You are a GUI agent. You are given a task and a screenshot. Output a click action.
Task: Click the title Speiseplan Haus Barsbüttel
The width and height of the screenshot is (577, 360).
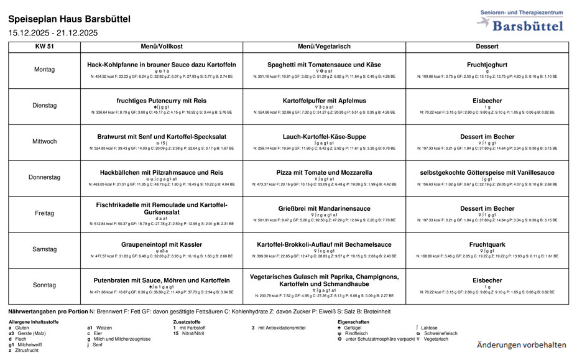70,19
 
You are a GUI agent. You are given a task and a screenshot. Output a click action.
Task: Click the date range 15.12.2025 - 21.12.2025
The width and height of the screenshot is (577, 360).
53,33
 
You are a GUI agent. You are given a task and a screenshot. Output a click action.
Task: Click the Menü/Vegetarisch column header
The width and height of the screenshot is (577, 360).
324,47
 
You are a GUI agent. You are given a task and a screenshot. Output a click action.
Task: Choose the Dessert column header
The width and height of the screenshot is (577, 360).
487,47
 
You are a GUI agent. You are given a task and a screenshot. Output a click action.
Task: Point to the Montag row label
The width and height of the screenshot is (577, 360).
44,70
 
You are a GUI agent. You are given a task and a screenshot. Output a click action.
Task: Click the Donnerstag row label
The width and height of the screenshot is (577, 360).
44,177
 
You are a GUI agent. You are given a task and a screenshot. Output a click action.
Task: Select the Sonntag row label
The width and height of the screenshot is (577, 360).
44,285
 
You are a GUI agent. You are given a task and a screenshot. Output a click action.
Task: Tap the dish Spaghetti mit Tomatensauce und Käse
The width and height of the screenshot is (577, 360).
324,65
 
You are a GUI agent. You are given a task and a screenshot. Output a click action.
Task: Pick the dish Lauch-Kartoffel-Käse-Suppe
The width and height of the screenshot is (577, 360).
324,137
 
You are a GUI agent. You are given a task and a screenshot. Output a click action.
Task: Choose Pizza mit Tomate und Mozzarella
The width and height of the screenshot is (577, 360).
324,173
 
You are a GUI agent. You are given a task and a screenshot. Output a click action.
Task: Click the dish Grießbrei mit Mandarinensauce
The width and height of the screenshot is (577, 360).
324,209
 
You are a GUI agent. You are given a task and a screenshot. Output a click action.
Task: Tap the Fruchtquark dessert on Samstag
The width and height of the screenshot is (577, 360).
487,245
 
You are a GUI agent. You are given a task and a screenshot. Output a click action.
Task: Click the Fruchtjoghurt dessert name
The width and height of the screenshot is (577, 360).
487,65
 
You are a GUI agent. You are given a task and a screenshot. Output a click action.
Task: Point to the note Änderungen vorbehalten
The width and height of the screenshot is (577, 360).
522,344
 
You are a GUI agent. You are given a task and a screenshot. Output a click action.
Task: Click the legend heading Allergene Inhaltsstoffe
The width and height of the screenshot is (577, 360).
34,321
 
